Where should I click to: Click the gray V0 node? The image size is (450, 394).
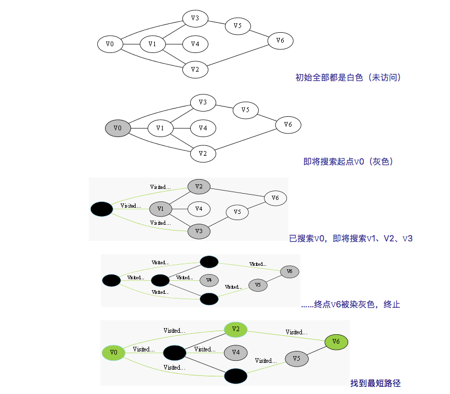point(117,128)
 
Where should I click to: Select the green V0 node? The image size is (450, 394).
point(114,353)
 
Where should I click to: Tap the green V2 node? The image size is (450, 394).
point(236,329)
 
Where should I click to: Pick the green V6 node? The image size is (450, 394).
point(336,342)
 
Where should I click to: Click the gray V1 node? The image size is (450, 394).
point(161,209)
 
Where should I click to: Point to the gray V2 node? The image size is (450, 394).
point(198,186)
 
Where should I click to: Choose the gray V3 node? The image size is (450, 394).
point(198,231)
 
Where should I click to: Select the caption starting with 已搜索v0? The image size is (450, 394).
point(350,239)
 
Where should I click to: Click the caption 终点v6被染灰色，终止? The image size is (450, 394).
point(350,304)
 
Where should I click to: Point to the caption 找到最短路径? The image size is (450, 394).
point(375,384)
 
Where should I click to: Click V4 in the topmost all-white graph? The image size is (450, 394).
point(195,44)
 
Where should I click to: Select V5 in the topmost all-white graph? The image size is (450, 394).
point(237,26)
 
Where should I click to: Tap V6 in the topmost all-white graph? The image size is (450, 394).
point(280,40)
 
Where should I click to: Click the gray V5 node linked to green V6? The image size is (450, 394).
point(296,359)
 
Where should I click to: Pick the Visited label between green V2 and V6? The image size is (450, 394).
point(296,332)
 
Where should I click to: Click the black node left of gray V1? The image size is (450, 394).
point(101,209)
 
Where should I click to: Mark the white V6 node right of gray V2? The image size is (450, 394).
point(275,198)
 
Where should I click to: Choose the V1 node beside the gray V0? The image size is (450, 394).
point(160,128)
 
